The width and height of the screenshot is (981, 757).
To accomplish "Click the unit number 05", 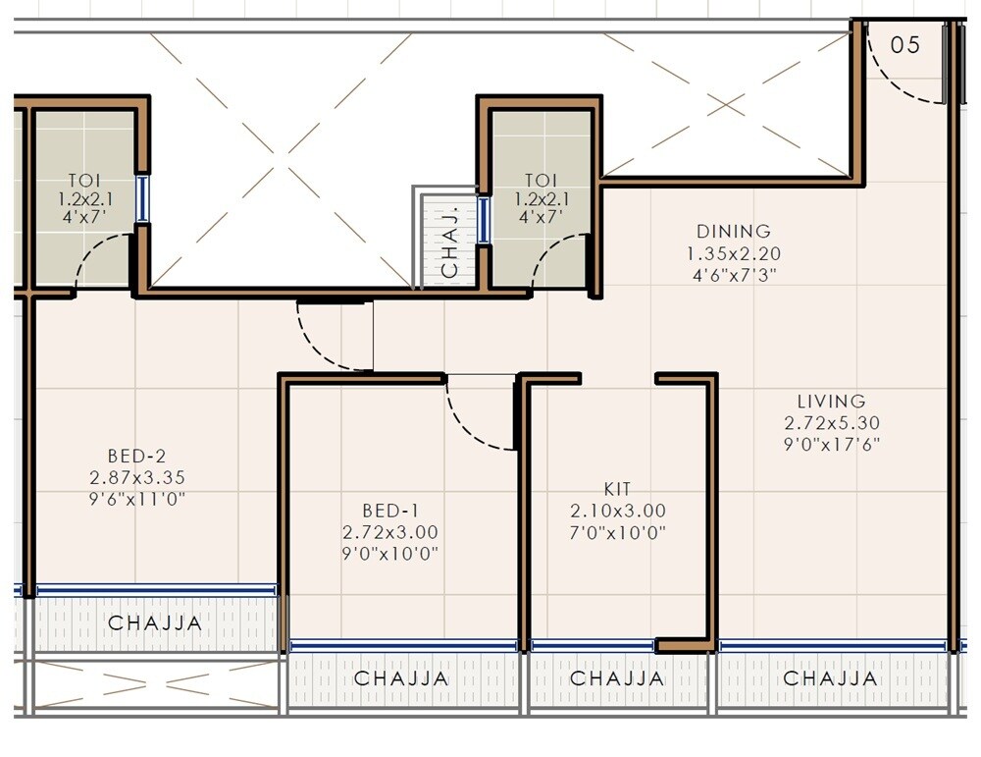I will [905, 44].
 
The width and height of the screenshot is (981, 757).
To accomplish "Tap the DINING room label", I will [733, 232].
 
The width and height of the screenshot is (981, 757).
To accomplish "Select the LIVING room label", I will [831, 401].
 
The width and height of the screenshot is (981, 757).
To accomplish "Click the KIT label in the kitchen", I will [618, 489].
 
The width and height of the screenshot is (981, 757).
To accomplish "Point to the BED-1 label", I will [389, 511].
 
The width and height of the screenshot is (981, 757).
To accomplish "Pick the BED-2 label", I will [136, 456].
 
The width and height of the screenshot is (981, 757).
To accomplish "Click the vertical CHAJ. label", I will [449, 242].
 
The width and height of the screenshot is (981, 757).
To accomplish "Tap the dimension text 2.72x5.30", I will [831, 422].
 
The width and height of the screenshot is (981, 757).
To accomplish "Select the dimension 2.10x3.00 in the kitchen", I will [618, 511].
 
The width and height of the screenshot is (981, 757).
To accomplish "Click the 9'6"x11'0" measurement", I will [136, 499].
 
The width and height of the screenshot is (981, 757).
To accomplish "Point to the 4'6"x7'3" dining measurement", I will [733, 275].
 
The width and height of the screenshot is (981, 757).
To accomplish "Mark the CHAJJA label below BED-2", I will [155, 622].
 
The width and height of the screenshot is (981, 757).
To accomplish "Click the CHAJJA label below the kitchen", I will [617, 678].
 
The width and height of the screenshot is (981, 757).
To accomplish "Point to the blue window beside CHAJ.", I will [483, 220].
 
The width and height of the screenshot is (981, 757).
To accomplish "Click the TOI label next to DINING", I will [541, 181].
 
